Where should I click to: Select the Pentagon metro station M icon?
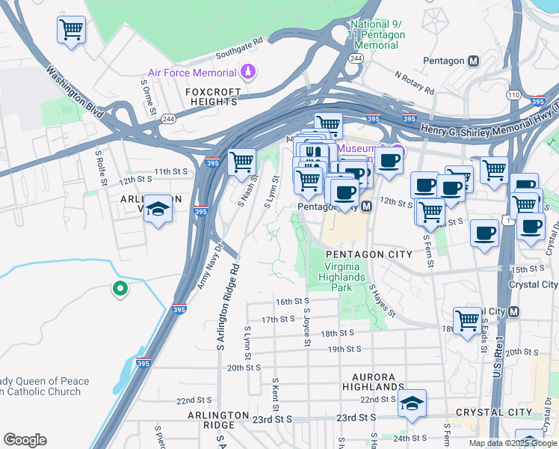(472, 61)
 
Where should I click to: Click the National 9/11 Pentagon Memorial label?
(377, 35)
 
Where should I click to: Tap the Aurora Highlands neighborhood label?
(374, 381)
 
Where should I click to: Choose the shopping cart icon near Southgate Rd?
(71, 30)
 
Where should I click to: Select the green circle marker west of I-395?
(119, 288)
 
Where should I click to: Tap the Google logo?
(25, 440)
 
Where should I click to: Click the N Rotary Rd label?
(414, 82)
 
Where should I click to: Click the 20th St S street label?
(244, 367)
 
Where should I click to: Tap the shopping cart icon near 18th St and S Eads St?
(467, 320)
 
